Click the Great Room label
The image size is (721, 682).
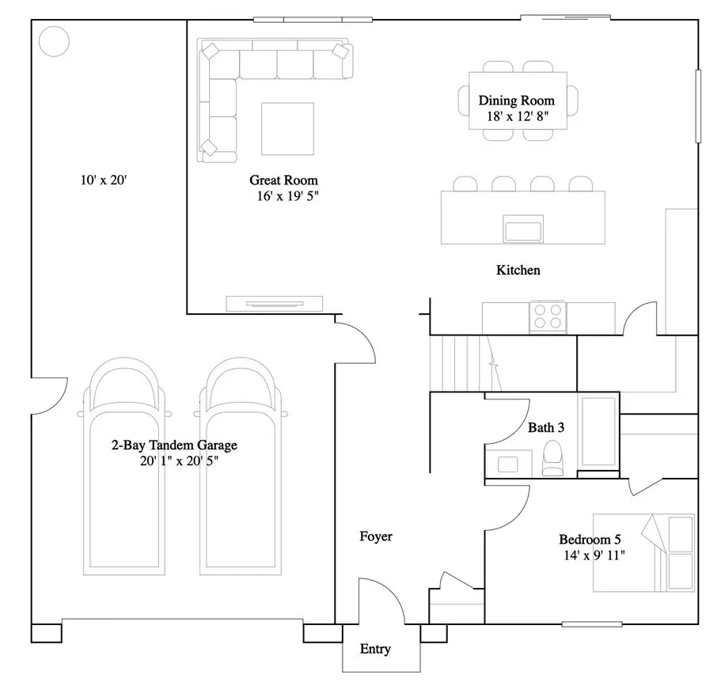pos(283,180)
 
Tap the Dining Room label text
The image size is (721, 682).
pos(516,100)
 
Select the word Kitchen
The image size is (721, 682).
pos(518,271)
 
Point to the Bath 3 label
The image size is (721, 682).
pos(546,428)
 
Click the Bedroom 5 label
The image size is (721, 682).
pos(590,540)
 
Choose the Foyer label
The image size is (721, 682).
pos(376,536)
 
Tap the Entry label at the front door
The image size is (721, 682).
pos(375,650)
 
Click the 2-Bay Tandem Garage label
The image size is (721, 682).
pos(174,445)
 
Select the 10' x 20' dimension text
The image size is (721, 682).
pos(104,180)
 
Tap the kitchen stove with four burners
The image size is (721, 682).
pos(547,316)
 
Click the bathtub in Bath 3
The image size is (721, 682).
pos(598,432)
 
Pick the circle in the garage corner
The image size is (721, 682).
pos(54,41)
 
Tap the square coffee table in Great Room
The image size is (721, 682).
pos(287,128)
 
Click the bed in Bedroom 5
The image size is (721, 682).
pos(643,553)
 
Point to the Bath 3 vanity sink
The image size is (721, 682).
pos(503,461)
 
